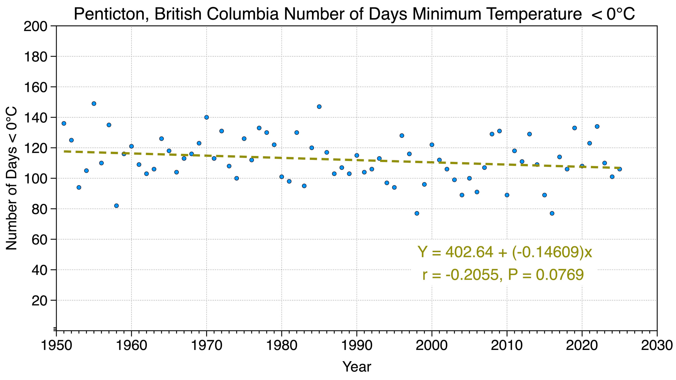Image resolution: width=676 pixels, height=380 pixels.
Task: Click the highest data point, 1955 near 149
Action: tap(94, 104)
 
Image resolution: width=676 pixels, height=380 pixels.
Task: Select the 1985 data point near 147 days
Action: tap(319, 107)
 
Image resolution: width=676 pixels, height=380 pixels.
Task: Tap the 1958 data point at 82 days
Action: tap(116, 206)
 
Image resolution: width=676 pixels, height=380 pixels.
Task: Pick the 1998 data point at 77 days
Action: tap(417, 213)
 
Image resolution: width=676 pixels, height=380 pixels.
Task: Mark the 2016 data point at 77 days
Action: tap(552, 213)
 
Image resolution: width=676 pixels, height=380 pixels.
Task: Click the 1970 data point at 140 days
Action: tap(207, 117)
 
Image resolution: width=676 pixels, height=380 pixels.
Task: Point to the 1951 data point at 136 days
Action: tap(64, 123)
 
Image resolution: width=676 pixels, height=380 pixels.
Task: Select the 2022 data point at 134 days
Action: tap(597, 126)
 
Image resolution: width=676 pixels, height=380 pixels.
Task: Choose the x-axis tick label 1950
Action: tap(56, 345)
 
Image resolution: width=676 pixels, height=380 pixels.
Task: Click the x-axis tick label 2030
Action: tap(657, 345)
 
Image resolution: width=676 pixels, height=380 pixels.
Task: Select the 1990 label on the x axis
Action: tap(357, 345)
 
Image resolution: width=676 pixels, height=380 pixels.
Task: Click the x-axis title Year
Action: tap(357, 367)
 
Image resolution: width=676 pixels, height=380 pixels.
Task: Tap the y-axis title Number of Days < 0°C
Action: tap(12, 178)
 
